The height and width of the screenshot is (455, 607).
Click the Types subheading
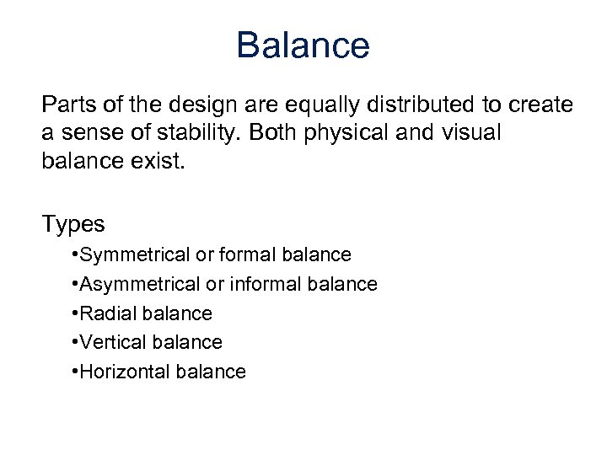(73, 224)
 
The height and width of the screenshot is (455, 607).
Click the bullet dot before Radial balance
(76, 313)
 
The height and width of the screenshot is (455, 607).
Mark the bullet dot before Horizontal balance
(76, 372)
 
